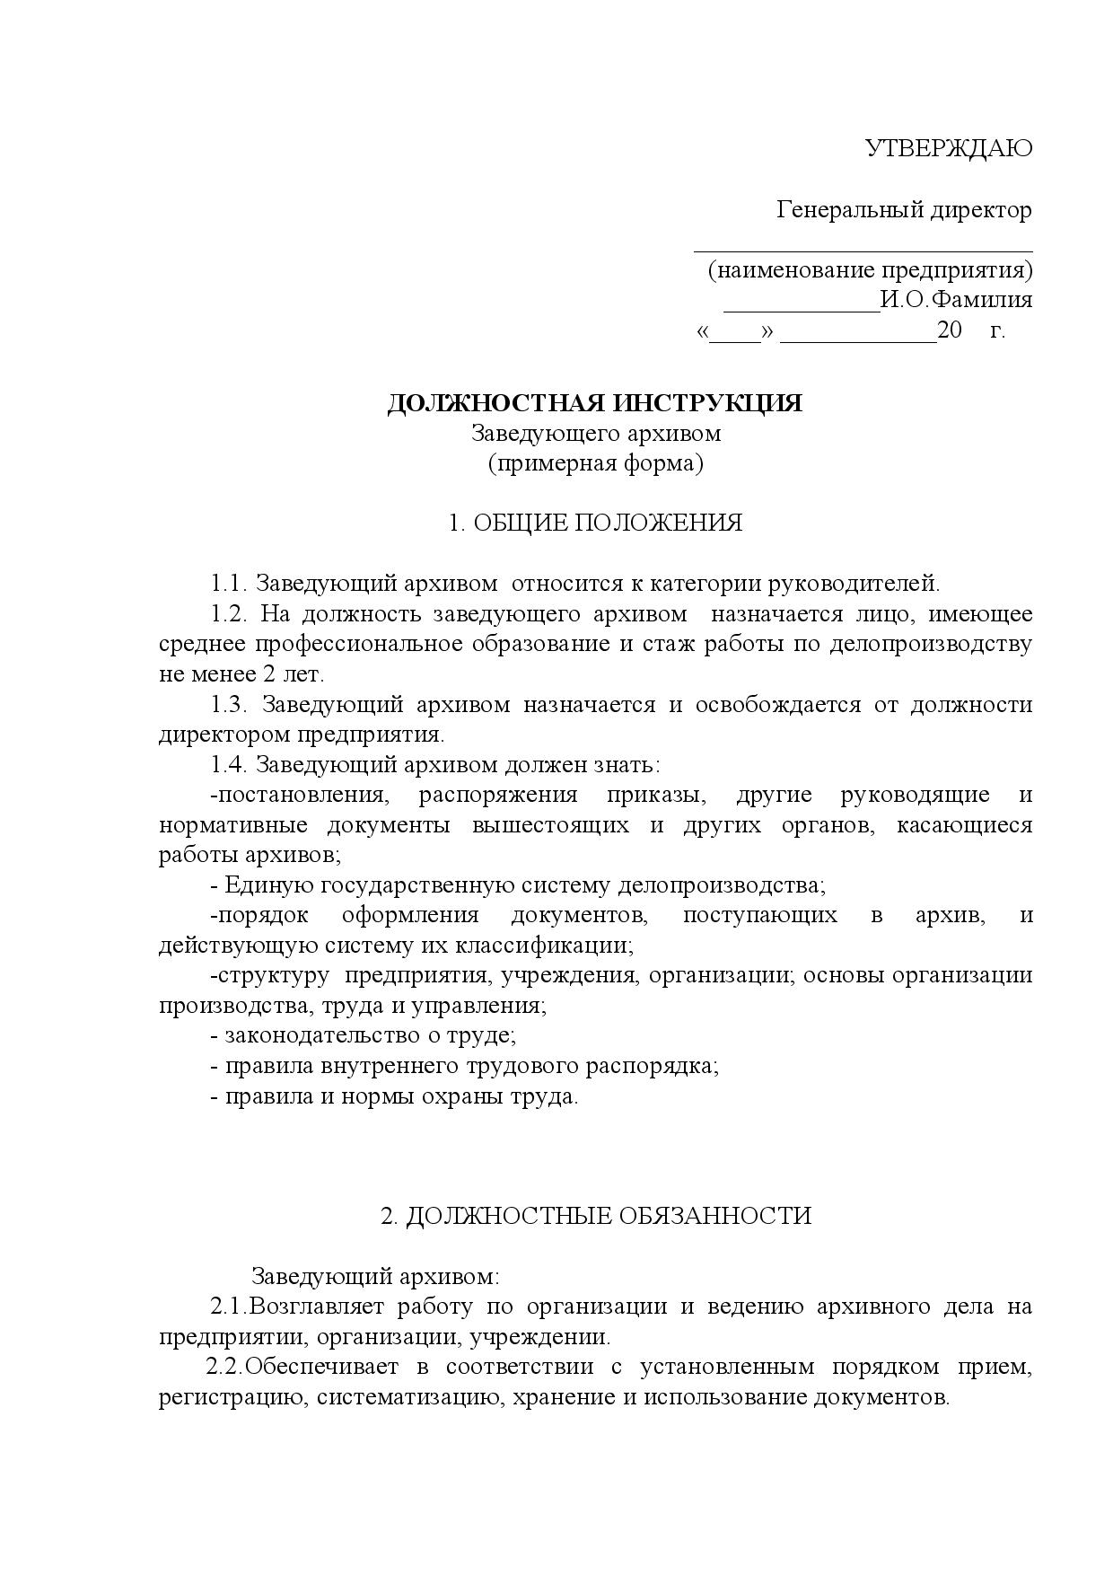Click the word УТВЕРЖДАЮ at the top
(x=948, y=148)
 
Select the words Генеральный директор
(x=904, y=210)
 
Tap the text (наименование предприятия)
(x=870, y=270)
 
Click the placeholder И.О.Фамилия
(x=956, y=300)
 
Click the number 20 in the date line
(x=949, y=330)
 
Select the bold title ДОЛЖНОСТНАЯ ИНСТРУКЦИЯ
(x=594, y=403)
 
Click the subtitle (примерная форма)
(x=595, y=463)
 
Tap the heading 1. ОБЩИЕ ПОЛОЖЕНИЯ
(x=595, y=523)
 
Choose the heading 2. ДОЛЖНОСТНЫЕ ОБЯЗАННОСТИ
(x=595, y=1216)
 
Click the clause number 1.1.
(x=229, y=584)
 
